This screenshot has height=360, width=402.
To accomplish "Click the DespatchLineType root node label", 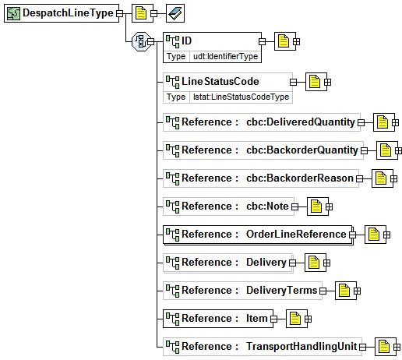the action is pos(68,13).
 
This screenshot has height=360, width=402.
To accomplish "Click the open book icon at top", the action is pos(175,13).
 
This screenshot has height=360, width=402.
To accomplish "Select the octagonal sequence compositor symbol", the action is pos(141,41).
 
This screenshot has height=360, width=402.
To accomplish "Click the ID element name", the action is pos(186,41).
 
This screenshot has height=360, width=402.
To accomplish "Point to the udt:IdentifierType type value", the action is pos(225,56).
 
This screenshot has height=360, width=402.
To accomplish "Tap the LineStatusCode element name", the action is pos(220,81).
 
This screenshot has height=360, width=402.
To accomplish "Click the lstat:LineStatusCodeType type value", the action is pos(241,97).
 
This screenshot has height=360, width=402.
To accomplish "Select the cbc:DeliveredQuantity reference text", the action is pos(301,122).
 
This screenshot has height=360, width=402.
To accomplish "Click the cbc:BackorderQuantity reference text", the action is pos(302,150).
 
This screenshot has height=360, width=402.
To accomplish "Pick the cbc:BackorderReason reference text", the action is pos(300,178).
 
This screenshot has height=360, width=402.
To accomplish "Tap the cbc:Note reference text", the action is pos(267,206).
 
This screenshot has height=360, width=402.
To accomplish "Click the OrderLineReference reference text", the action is pos(296,235).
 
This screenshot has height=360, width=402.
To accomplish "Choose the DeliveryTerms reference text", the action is pos(281,291).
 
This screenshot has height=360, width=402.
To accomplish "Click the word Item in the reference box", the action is pos(256,319).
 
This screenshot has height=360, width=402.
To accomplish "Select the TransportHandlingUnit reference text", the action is pos(301,347).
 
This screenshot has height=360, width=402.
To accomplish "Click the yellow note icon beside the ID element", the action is pos(284,41).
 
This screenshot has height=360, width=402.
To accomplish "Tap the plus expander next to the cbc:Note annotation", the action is pos(329,206).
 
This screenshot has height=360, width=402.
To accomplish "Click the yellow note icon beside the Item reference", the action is pos(295,319).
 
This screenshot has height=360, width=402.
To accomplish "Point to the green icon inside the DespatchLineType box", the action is pos(13,13).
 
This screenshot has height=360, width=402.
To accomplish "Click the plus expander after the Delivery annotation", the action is pos(326,263).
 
